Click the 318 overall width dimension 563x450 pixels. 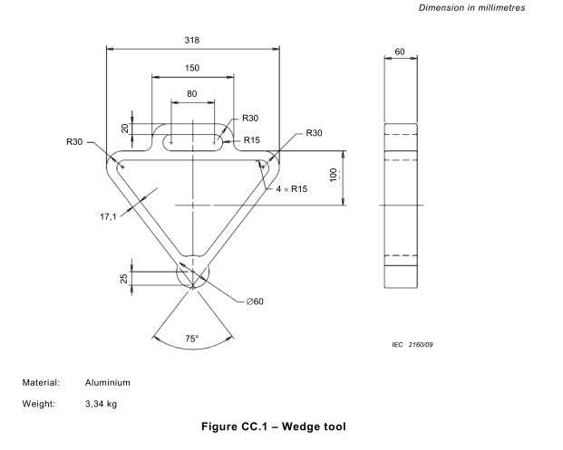[191, 40]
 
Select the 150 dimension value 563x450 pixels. [191, 68]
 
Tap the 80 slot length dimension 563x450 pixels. [191, 94]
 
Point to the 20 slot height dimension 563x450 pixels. [124, 129]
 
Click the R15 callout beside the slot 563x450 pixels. [253, 140]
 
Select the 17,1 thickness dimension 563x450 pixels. [109, 216]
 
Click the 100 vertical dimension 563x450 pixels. [334, 174]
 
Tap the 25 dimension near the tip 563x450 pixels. [124, 277]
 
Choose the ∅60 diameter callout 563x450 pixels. [255, 301]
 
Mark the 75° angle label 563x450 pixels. [191, 339]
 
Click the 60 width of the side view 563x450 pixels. [400, 52]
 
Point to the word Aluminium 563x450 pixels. [108, 384]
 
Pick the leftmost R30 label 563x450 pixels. [74, 141]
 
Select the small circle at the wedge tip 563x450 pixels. [191, 273]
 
